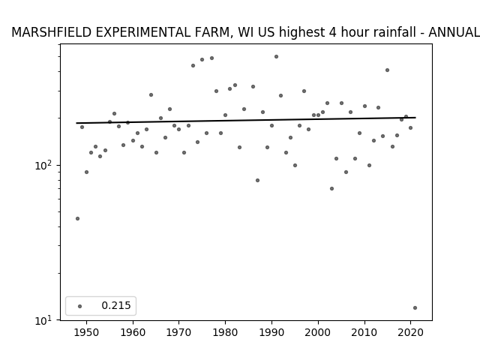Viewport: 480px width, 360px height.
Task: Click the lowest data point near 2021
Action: coord(415,308)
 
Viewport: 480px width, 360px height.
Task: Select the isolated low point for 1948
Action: coord(77,218)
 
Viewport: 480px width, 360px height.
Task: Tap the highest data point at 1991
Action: coord(276,57)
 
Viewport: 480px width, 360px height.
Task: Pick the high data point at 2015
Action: coord(387,70)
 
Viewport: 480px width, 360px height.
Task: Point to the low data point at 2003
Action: coord(331,188)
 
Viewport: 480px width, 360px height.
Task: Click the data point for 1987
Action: coord(257,180)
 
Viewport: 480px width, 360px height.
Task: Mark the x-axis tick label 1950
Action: coord(86,333)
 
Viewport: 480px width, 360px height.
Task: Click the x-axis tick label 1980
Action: coord(225,333)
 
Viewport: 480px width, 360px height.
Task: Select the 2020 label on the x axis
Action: coord(410,333)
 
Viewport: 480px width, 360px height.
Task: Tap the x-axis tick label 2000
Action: coord(318,333)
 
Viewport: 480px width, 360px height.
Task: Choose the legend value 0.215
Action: coord(116,305)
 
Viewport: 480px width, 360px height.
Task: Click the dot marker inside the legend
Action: coord(79,306)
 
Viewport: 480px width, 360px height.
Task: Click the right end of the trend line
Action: coord(415,118)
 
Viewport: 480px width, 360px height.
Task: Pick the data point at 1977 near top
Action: coord(211,58)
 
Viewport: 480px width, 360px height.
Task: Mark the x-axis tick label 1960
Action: coord(133,333)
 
